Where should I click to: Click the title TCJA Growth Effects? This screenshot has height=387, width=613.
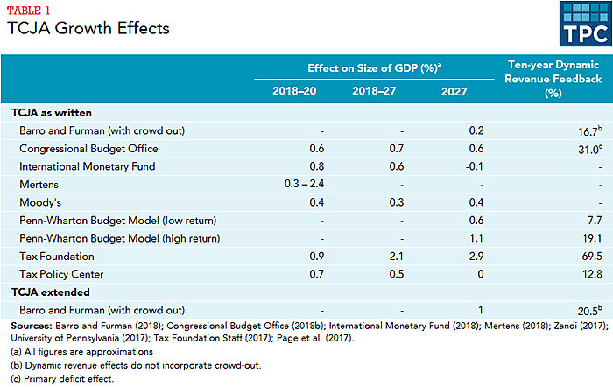pos(88,28)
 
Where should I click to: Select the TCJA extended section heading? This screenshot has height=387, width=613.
pos(53,292)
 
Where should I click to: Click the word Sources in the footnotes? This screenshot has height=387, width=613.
pos(31,324)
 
